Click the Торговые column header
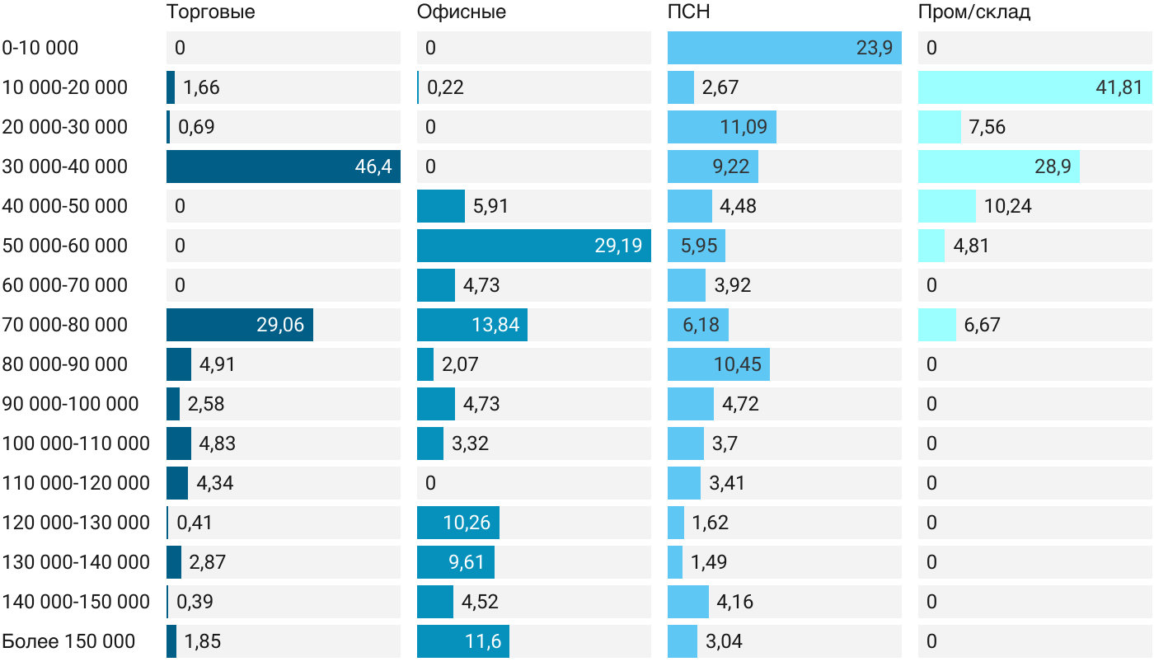tap(211, 12)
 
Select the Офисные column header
tap(461, 12)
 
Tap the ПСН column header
tap(689, 12)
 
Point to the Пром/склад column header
tap(974, 12)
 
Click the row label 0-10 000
tap(40, 48)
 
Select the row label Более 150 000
tap(68, 641)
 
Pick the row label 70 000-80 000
tap(64, 325)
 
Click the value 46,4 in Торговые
tap(373, 167)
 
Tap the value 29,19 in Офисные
tap(618, 246)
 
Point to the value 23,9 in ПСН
tap(875, 48)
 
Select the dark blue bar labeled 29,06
tap(240, 325)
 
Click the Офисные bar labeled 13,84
tap(471, 325)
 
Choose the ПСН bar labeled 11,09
tap(722, 127)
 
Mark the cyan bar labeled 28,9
tap(999, 167)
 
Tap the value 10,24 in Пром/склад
tap(1007, 206)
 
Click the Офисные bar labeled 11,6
tap(463, 641)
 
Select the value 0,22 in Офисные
tap(445, 87)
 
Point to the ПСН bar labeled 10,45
tap(719, 364)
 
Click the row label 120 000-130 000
tap(76, 523)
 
